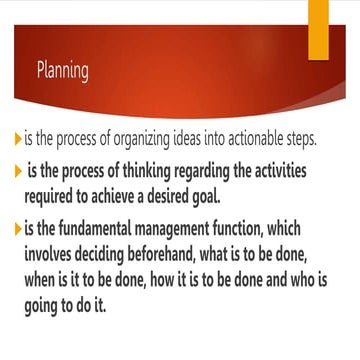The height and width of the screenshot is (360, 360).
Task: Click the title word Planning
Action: pyautogui.click(x=62, y=71)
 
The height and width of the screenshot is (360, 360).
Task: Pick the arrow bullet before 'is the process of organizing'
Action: pyautogui.click(x=18, y=139)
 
